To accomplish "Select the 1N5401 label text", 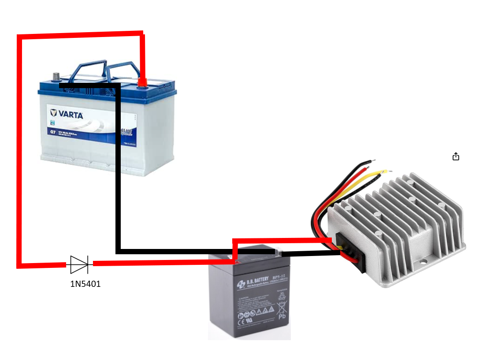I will [85, 284].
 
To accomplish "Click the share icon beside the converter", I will [456, 156].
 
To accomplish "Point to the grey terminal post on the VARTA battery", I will [56, 77].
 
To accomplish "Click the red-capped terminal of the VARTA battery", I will [142, 82].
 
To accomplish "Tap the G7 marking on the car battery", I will [52, 133].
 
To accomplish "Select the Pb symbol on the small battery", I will [282, 316].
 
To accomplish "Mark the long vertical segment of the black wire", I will [118, 167].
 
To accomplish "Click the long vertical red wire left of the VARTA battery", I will [19, 150].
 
